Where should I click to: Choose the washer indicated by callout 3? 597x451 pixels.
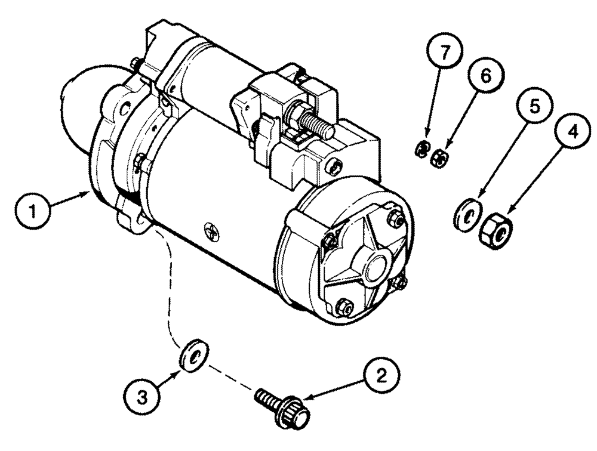pyautogui.click(x=193, y=356)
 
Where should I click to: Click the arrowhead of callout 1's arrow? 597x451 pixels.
pyautogui.click(x=88, y=192)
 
